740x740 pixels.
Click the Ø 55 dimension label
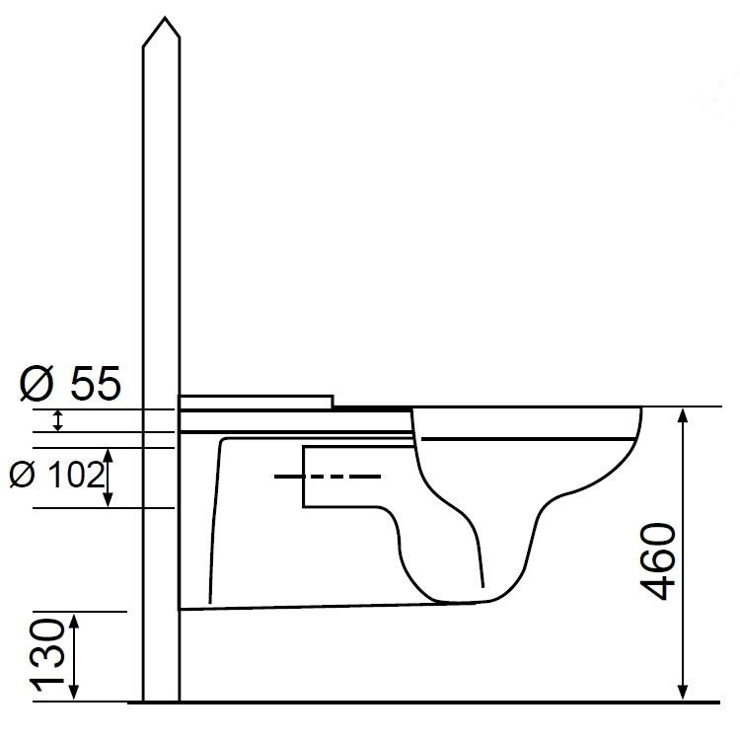click(69, 383)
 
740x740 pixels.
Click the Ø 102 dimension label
click(55, 476)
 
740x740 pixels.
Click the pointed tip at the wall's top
click(161, 21)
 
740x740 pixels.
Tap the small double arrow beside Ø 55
click(58, 420)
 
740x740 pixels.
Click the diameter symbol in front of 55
click(35, 383)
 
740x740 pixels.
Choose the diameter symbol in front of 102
click(20, 476)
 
